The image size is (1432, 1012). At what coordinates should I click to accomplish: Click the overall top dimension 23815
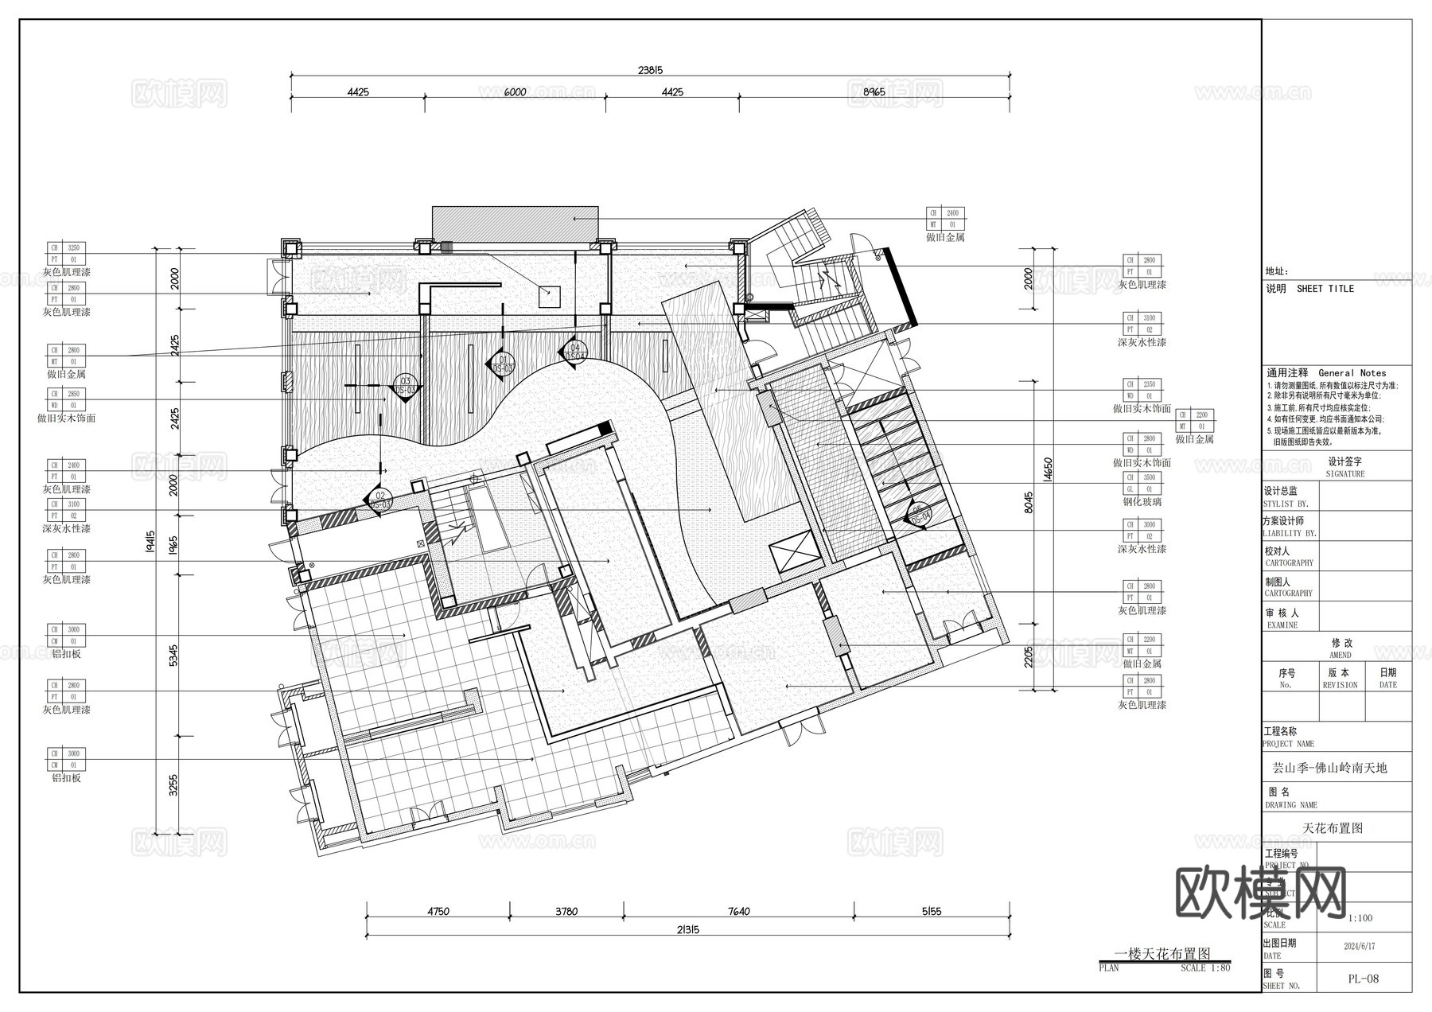click(x=650, y=70)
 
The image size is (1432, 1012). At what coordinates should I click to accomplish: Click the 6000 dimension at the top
click(x=515, y=92)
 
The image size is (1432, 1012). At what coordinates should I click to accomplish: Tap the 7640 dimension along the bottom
click(x=738, y=912)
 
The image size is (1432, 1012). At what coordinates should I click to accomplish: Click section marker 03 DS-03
click(x=405, y=387)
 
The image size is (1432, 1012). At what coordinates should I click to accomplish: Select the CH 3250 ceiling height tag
click(x=66, y=248)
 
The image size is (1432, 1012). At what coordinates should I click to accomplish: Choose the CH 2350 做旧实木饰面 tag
click(x=1141, y=384)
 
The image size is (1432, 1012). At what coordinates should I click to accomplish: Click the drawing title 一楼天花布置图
click(x=1162, y=953)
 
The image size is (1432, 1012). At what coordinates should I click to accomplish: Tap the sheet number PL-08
click(x=1363, y=979)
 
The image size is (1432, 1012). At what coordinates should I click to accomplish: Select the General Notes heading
click(x=1352, y=372)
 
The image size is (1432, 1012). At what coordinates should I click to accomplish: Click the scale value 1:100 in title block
click(x=1360, y=918)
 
